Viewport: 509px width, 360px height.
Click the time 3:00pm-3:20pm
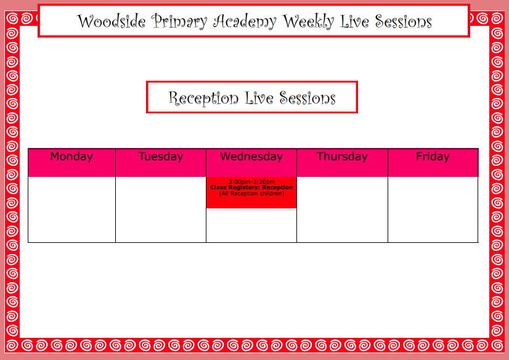coord(251,182)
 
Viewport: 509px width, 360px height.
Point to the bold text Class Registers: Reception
coord(251,187)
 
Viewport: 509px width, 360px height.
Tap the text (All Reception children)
coord(251,194)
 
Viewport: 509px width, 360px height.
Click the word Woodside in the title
coord(111,22)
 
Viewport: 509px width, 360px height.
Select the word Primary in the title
coord(179,22)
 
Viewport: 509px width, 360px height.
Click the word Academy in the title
coord(245,22)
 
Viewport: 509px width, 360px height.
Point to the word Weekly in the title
coord(308,22)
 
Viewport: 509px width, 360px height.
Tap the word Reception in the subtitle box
coord(203,99)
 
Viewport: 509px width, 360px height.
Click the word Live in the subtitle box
coord(259,98)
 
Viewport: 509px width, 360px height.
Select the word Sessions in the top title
coord(404,22)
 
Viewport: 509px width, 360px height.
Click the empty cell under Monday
coord(71,210)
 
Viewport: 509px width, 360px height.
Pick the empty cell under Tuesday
coord(161,210)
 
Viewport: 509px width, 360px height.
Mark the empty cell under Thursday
coord(342,210)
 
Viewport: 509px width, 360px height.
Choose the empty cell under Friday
coord(433,210)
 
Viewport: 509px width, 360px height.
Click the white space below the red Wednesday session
coord(251,225)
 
